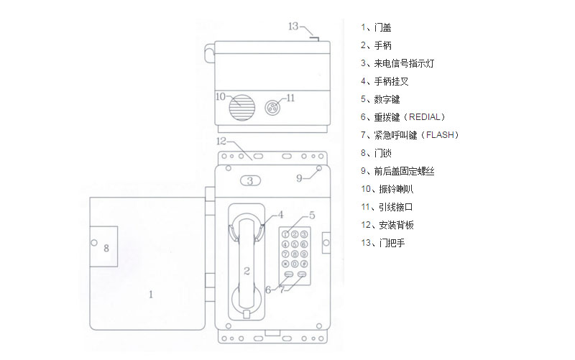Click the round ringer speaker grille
[x=241, y=108]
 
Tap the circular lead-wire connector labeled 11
[x=272, y=107]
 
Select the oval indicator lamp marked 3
[x=250, y=181]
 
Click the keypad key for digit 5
[x=295, y=244]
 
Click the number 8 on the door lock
[x=106, y=248]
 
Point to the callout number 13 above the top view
[x=293, y=27]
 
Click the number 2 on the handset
[x=247, y=271]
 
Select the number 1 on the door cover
[x=151, y=295]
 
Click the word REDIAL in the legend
[x=424, y=117]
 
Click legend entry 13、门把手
[x=383, y=243]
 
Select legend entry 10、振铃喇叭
[x=387, y=189]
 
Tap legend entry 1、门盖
[x=376, y=27]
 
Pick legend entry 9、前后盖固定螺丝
[x=397, y=171]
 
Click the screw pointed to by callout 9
[x=319, y=168]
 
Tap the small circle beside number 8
[x=94, y=243]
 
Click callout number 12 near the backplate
[x=221, y=141]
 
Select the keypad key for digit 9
[x=304, y=254]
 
